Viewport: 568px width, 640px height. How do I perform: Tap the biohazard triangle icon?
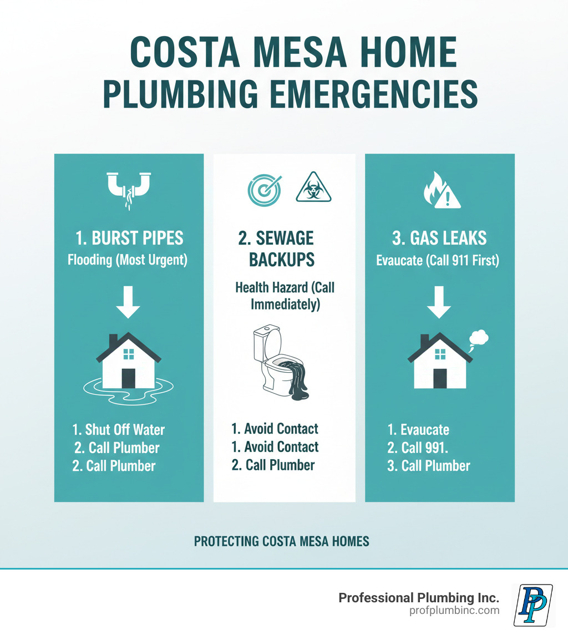click(313, 187)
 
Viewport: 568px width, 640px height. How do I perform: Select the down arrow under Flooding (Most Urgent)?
click(129, 302)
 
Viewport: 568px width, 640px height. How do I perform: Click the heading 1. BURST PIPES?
click(129, 238)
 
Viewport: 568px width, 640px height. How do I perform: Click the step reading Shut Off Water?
click(119, 430)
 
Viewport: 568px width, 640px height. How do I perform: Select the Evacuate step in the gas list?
click(418, 430)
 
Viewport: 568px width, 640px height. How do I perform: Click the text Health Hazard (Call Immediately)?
click(285, 296)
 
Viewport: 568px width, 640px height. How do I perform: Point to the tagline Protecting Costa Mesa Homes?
click(281, 541)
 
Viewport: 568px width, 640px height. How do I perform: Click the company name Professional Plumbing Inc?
click(419, 597)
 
